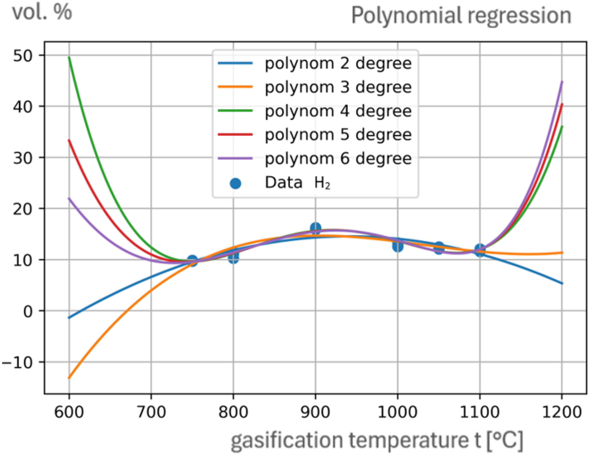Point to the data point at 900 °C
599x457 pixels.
(x=315, y=228)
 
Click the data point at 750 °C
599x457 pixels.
(x=192, y=261)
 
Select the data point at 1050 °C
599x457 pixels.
(x=439, y=248)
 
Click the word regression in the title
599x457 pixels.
(x=519, y=16)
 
